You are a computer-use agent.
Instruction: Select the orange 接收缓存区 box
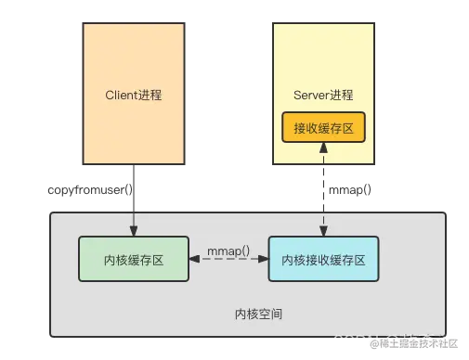[322, 128]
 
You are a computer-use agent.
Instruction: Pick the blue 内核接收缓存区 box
[324, 260]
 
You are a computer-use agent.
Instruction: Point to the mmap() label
[228, 250]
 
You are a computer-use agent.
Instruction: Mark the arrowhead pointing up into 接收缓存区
[323, 149]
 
